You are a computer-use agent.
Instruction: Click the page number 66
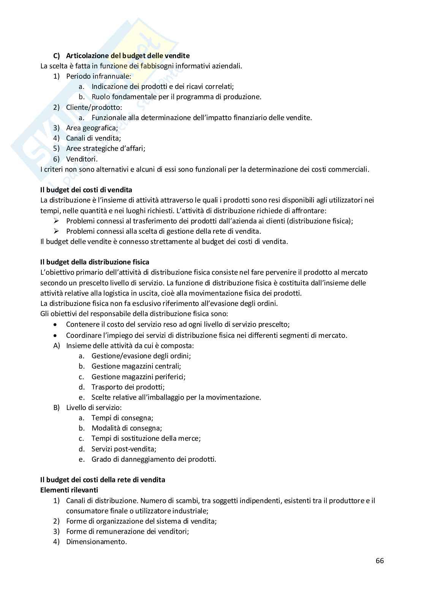click(x=380, y=560)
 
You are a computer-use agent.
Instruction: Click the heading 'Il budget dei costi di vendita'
click(x=86, y=190)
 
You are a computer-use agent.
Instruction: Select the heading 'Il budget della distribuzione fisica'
click(x=95, y=262)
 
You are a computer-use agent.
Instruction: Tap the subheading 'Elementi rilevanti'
click(x=69, y=490)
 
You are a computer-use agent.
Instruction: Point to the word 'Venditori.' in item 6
click(x=82, y=159)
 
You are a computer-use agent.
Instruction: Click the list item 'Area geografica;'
click(x=92, y=128)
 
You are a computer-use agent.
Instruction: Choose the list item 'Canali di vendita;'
click(x=93, y=138)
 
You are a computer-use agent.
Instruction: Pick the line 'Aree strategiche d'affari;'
click(x=106, y=148)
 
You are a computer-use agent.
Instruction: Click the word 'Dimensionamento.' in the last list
click(x=96, y=541)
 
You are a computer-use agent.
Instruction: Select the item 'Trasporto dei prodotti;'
click(x=128, y=387)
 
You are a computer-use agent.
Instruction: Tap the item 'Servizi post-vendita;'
click(x=124, y=449)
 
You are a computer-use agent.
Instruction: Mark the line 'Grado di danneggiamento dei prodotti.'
click(x=154, y=459)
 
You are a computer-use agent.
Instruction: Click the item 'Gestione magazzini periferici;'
click(x=138, y=377)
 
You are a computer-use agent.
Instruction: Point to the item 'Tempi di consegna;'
click(x=122, y=418)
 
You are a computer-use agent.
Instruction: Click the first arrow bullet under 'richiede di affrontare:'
click(x=56, y=221)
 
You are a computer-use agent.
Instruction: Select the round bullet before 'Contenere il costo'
click(x=56, y=325)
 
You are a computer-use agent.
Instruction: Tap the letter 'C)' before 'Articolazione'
click(x=57, y=56)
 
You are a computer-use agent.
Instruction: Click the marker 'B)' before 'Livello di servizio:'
click(x=57, y=407)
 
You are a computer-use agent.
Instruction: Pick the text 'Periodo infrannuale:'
click(x=98, y=76)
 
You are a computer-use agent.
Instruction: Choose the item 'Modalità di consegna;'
click(x=127, y=428)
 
